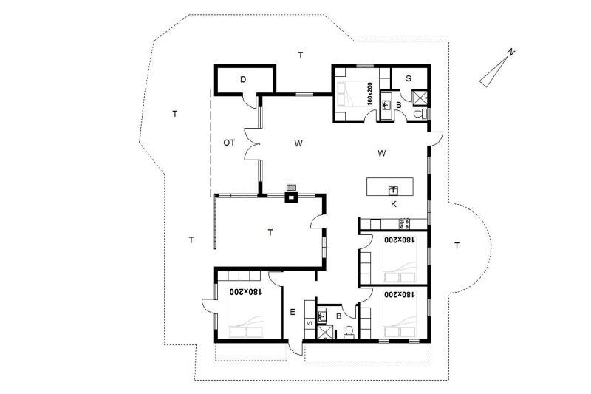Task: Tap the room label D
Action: (243, 80)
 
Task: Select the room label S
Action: (409, 79)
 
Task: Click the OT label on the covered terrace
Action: (229, 143)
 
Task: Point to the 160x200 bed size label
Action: (369, 93)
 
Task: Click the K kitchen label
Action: (394, 204)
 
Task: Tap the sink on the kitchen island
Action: (394, 191)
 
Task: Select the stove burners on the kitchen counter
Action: (404, 224)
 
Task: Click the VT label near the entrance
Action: (310, 323)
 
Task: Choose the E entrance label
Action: (293, 312)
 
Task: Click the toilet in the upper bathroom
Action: (418, 114)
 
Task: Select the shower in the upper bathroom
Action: (420, 96)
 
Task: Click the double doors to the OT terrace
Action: (253, 144)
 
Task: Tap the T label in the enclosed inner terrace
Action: (270, 233)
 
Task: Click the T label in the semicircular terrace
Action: (457, 246)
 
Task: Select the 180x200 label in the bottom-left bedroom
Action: (246, 292)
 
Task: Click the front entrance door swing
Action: (295, 347)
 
